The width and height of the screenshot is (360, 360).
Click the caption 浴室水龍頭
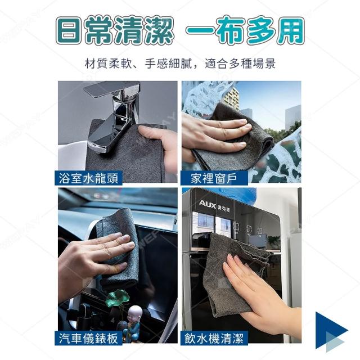click(88, 178)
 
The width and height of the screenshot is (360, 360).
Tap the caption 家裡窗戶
click(214, 178)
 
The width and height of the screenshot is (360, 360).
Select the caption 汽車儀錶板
click(88, 338)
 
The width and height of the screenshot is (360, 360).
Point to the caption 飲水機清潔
click(214, 338)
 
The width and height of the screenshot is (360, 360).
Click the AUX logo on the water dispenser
click(208, 204)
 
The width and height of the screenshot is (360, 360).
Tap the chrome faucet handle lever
click(112, 88)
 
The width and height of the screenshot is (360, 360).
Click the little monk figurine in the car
click(133, 321)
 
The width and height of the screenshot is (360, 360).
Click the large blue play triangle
click(331, 330)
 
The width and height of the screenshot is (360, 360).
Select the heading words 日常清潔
click(114, 30)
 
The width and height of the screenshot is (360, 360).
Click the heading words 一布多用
click(245, 30)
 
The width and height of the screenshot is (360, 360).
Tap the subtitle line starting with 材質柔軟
click(180, 64)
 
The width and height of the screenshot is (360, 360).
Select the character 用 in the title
click(291, 30)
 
